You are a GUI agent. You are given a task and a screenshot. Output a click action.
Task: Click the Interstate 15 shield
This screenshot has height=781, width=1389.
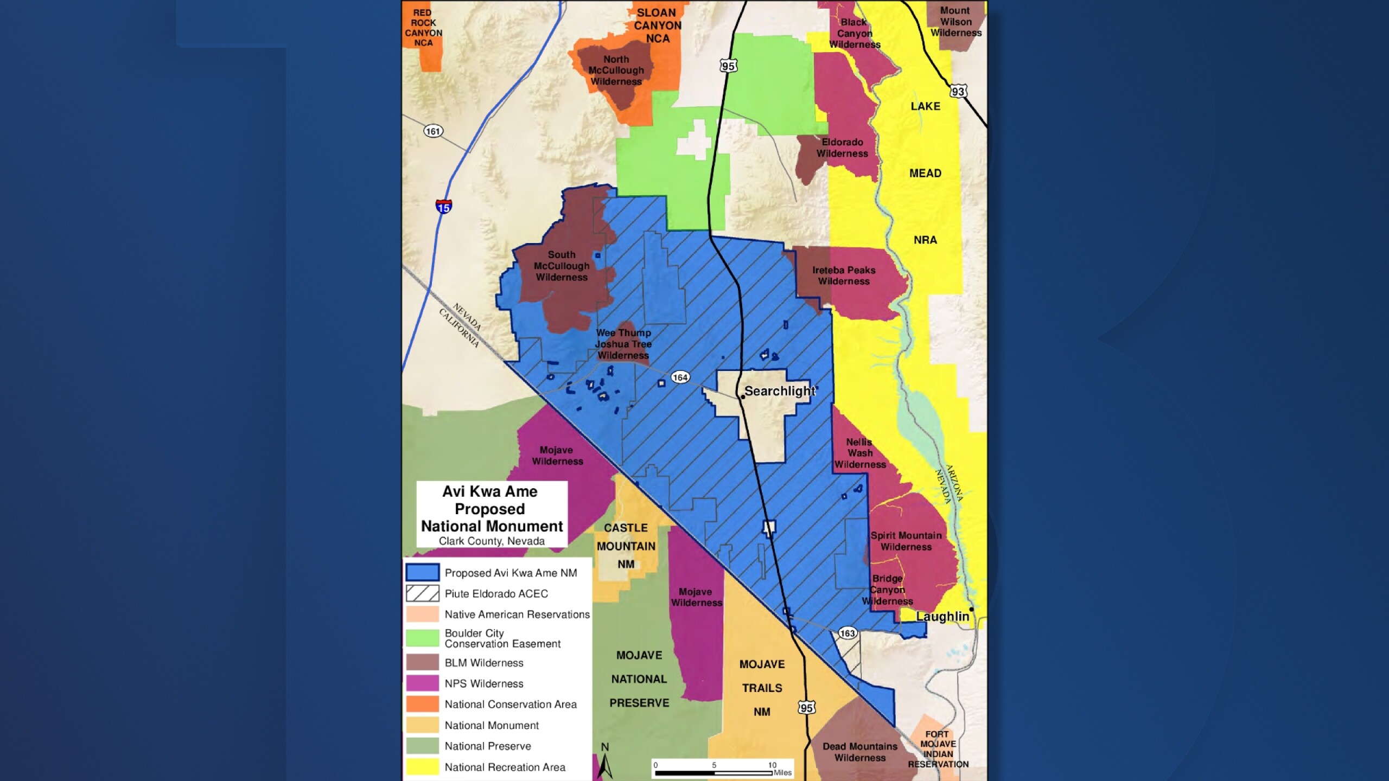click(x=443, y=207)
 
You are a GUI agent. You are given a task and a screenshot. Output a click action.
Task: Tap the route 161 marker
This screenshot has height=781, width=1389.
click(x=433, y=131)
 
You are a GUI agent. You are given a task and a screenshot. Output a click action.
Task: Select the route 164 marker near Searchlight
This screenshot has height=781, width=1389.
click(x=680, y=377)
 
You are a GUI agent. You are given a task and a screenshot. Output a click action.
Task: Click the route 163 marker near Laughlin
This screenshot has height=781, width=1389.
click(x=847, y=633)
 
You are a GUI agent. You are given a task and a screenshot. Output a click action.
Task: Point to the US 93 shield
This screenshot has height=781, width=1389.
click(x=958, y=91)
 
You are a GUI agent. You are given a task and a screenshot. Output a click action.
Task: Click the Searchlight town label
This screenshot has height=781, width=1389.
click(x=779, y=391)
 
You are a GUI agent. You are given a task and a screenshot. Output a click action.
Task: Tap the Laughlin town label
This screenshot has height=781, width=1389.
click(x=942, y=617)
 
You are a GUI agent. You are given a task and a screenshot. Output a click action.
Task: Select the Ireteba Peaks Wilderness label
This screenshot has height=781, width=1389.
click(x=844, y=276)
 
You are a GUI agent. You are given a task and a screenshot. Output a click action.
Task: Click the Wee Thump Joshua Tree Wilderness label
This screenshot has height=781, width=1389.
click(x=623, y=344)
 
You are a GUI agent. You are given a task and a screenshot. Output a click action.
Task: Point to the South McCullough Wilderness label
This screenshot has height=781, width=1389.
click(x=562, y=266)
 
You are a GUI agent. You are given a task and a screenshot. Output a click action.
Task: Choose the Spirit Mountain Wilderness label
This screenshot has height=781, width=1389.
click(x=906, y=541)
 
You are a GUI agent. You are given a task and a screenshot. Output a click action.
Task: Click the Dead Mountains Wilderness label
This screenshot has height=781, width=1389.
click(x=860, y=752)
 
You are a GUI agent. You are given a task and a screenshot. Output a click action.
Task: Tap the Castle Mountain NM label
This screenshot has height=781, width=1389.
click(x=626, y=546)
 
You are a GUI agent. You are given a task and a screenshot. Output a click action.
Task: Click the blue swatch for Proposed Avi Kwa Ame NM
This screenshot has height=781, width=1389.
click(x=423, y=573)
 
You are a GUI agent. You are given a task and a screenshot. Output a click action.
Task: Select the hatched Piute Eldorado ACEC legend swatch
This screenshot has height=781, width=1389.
click(x=423, y=593)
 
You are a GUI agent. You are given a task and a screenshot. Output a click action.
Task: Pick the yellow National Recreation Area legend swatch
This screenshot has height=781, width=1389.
click(x=423, y=767)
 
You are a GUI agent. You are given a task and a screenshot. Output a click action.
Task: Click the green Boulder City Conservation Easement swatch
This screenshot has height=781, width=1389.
click(x=423, y=638)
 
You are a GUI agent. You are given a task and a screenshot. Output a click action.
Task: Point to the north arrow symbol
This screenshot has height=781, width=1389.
click(x=606, y=762)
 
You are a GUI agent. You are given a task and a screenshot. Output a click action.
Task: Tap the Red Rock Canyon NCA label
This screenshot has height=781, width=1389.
click(x=423, y=28)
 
